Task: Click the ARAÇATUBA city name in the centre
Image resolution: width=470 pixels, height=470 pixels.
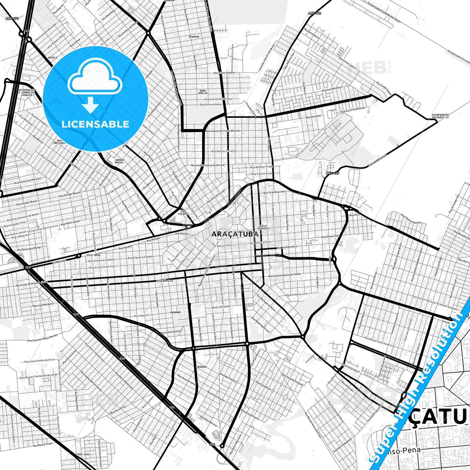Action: (235, 234)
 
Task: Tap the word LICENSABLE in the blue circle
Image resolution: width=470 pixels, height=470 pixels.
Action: (96, 124)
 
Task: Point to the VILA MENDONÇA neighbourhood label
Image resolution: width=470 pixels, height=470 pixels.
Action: (263, 227)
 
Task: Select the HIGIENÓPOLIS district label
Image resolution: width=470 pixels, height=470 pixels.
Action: (165, 280)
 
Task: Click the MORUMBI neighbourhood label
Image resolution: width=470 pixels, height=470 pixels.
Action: (175, 312)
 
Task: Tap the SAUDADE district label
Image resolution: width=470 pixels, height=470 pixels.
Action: (202, 367)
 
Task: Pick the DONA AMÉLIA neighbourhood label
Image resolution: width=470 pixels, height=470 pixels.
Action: (203, 92)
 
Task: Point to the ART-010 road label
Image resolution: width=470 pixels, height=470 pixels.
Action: (315, 13)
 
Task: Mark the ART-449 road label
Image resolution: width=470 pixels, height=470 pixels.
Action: (332, 173)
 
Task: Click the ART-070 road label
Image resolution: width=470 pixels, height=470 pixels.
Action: (12, 19)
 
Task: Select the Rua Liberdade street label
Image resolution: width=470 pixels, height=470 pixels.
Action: (221, 306)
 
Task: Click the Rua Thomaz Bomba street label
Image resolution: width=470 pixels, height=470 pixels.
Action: (411, 220)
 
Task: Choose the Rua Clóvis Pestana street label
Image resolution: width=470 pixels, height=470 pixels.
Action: (224, 73)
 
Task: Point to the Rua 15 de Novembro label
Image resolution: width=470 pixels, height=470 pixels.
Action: (275, 192)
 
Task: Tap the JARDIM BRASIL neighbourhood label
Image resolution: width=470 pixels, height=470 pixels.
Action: (119, 161)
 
